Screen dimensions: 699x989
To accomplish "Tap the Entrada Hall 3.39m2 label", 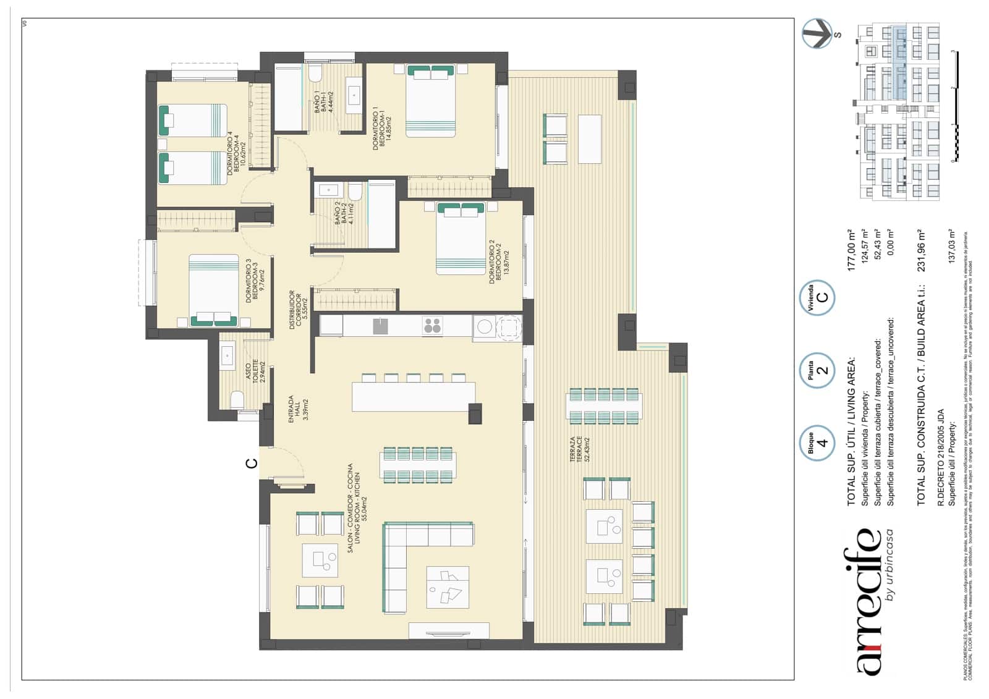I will click(297, 409).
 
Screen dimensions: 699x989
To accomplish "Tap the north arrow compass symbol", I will click(817, 33).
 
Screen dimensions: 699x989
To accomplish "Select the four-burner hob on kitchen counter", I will click(432, 325).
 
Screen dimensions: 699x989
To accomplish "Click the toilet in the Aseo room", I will click(237, 400).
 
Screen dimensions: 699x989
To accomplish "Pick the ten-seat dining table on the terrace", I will click(603, 406).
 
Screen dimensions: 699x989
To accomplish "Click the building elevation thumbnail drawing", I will click(897, 111).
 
